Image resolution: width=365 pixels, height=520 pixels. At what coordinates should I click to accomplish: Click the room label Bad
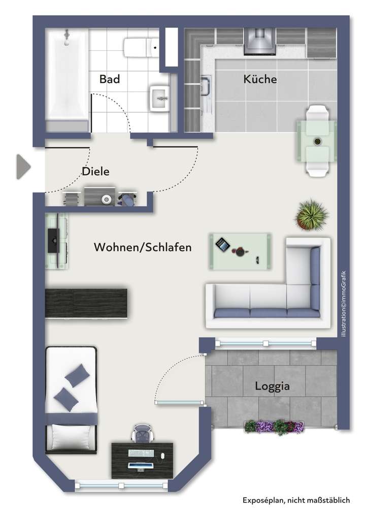[110, 79]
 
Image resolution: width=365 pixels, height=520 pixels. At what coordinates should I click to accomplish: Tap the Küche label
[260, 79]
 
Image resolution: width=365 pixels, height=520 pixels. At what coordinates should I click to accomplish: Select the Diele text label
[95, 172]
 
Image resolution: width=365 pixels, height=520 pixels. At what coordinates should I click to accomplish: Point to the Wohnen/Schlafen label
[143, 247]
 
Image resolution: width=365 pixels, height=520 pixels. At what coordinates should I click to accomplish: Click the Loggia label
[272, 386]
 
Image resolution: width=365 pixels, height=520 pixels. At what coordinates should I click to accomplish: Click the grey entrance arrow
[23, 167]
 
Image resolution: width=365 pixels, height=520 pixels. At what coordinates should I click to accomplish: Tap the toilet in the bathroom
[142, 48]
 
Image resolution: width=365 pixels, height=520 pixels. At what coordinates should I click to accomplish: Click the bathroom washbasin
[159, 96]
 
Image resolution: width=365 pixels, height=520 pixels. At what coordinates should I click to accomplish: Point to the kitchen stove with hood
[259, 41]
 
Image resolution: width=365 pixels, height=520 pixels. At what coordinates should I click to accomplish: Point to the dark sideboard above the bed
[86, 304]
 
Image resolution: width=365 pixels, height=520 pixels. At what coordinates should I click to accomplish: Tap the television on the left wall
[52, 240]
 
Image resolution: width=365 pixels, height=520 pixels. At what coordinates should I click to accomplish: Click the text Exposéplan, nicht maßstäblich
[295, 500]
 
